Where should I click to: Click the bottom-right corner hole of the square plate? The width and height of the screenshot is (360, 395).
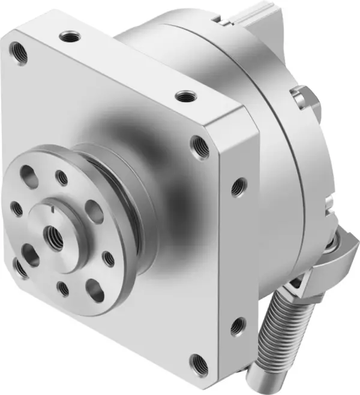(x=199, y=362)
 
